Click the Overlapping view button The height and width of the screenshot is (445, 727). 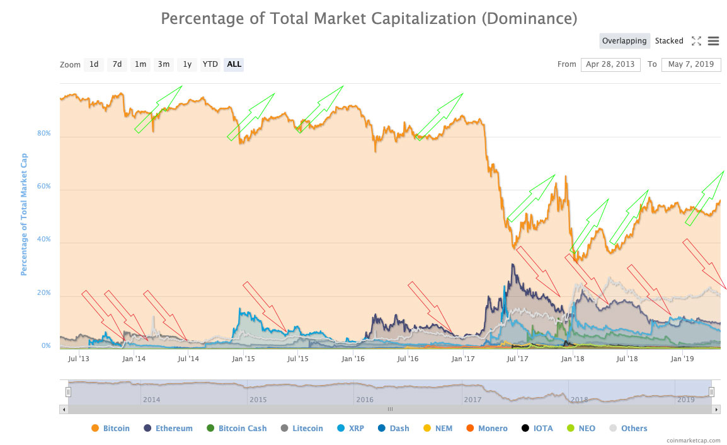(x=624, y=41)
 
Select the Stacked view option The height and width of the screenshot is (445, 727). (x=669, y=41)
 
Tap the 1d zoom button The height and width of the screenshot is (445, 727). (x=94, y=64)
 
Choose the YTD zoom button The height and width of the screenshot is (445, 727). (x=210, y=64)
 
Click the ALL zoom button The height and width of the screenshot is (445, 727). (x=234, y=64)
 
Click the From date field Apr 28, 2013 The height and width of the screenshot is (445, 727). (x=610, y=64)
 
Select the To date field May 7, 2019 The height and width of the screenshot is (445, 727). (x=691, y=64)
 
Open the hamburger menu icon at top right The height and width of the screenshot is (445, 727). (x=713, y=41)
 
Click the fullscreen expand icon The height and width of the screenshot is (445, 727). (x=696, y=41)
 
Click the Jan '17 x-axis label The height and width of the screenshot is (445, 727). (x=463, y=359)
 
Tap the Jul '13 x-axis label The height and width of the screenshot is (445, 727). (x=77, y=359)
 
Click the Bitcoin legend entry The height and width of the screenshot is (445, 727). (x=110, y=429)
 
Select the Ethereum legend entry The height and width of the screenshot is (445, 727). (x=168, y=429)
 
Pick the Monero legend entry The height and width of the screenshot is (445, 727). (x=486, y=429)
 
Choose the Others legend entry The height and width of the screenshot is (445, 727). (x=628, y=429)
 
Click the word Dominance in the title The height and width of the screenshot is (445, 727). (x=529, y=18)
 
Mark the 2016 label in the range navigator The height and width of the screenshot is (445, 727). (x=364, y=400)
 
